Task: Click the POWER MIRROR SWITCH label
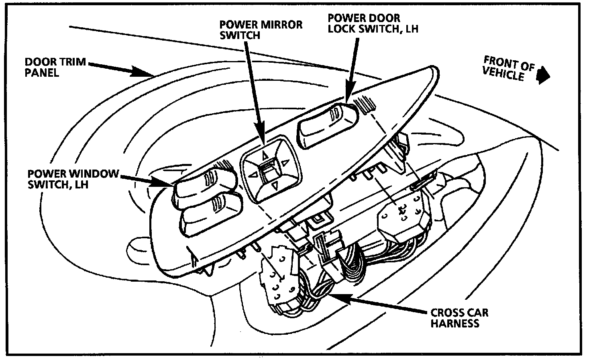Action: click(x=261, y=29)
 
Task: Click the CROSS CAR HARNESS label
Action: click(x=459, y=317)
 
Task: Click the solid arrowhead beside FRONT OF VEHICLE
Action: click(x=543, y=75)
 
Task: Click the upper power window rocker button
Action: click(x=205, y=185)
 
